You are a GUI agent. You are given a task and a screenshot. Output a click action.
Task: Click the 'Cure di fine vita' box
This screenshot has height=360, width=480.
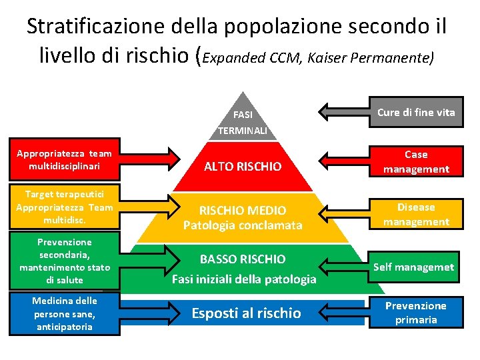coord(415,112)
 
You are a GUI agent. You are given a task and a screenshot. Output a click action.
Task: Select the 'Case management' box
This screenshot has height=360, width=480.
coord(415,162)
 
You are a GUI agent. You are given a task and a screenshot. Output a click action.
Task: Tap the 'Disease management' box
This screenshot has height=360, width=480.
coord(415,215)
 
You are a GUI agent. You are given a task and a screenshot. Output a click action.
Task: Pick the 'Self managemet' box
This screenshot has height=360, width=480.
coord(413,267)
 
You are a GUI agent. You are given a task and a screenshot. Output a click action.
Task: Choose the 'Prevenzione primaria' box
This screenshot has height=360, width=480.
coord(415,313)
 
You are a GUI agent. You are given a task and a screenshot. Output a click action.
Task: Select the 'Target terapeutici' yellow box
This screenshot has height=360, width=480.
coord(64,207)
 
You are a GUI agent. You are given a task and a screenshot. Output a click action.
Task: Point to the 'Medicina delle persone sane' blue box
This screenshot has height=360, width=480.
coord(64,313)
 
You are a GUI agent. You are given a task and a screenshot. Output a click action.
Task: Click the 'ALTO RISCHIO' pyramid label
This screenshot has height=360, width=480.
coord(243,166)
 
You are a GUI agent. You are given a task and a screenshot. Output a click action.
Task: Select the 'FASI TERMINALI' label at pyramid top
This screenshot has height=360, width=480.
coord(243,122)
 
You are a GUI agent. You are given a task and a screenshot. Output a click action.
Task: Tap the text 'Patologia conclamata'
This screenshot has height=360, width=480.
coord(243,225)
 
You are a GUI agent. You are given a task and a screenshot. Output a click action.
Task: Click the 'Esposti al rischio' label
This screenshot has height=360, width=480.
coord(246,313)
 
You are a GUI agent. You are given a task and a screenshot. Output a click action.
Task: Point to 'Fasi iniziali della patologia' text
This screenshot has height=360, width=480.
coord(244,279)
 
